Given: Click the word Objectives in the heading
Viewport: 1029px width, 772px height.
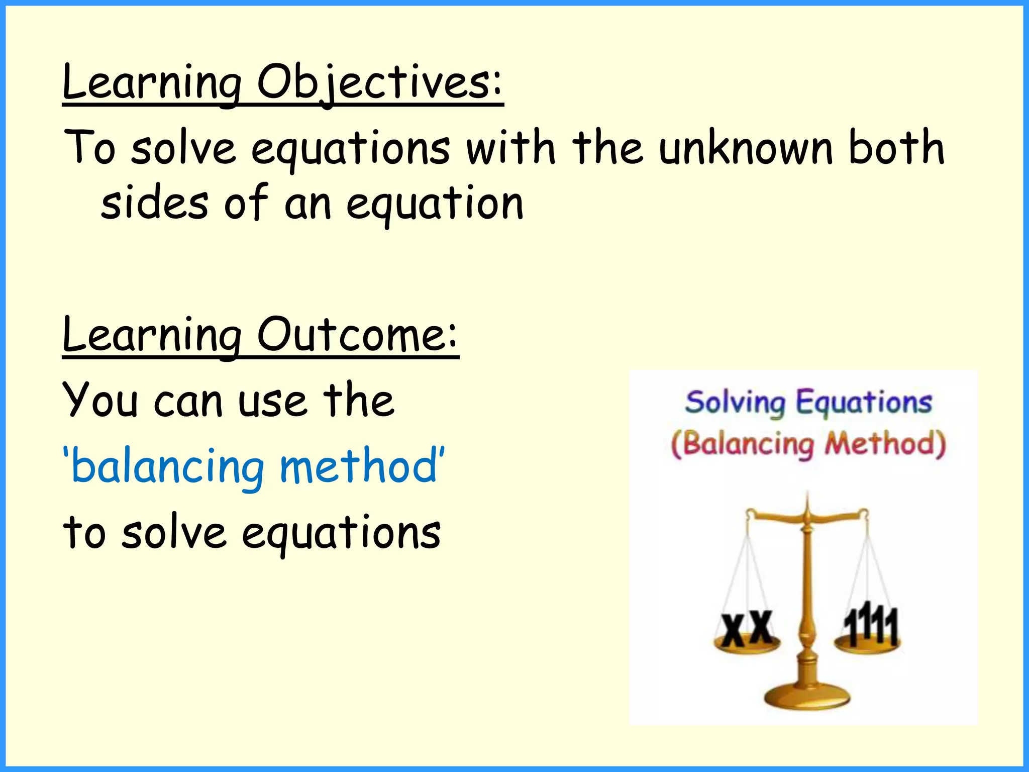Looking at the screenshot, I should tap(379, 83).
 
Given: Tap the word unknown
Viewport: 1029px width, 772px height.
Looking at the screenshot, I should tap(746, 148).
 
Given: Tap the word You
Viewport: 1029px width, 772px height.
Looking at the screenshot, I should tap(100, 401).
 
